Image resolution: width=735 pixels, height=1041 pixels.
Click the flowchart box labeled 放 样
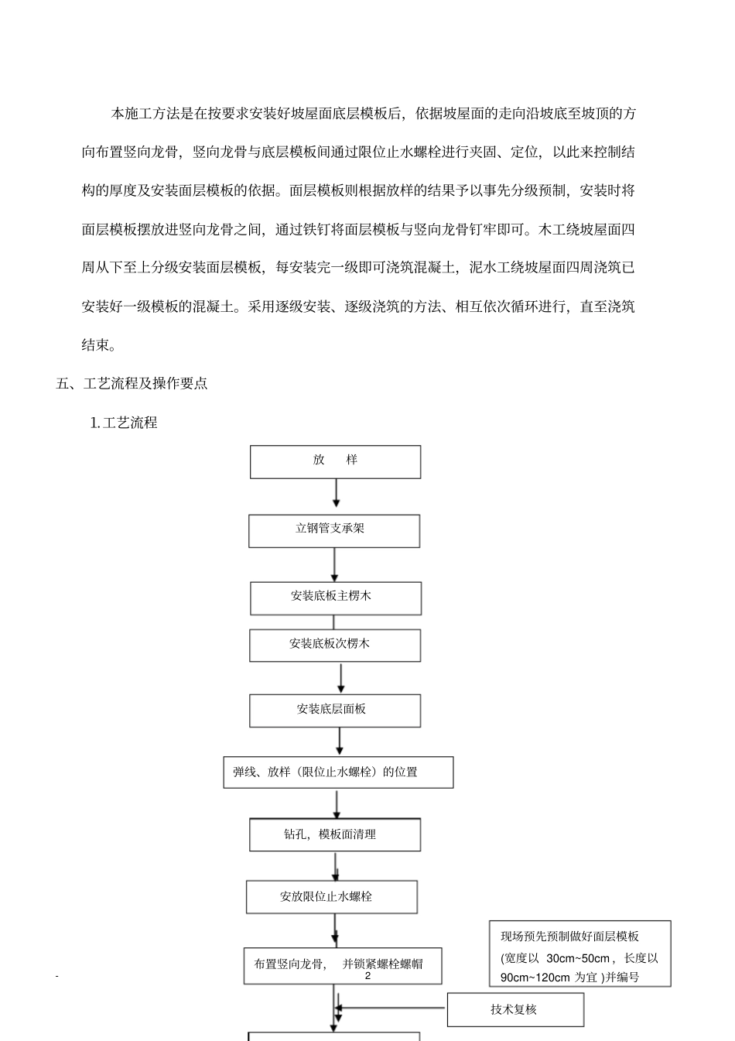335,461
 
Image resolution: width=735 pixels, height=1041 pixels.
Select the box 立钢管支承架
334,531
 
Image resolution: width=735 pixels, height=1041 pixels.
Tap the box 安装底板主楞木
335,598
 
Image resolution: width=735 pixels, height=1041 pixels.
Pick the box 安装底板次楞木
335,645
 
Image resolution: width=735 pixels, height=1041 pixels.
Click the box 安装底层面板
335,711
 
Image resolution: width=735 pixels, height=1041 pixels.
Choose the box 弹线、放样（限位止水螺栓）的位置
338,772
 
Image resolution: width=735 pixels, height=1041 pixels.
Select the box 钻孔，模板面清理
335,835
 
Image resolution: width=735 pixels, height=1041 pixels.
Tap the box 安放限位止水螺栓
331,897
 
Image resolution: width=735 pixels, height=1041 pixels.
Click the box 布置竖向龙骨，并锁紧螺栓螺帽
343,965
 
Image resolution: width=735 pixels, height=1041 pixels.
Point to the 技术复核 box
514,1010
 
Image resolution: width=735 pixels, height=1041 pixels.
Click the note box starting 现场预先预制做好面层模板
579,954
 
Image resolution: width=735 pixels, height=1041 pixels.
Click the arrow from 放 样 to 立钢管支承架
336,492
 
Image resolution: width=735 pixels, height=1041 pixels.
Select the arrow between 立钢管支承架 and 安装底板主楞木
334,564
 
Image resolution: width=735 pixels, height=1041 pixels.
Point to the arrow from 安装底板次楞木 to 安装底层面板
340,678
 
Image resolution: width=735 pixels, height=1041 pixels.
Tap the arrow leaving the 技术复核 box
391,1008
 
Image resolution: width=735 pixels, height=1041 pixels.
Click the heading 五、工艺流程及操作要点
132,383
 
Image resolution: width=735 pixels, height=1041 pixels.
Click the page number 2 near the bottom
368,977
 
